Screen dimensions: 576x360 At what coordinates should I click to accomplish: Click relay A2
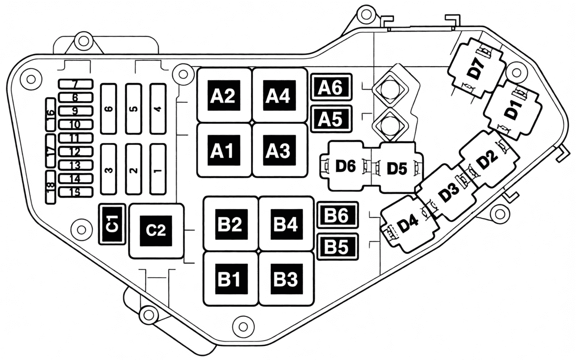pyautogui.click(x=224, y=95)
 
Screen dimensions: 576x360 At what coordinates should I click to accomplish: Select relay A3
pyautogui.click(x=280, y=150)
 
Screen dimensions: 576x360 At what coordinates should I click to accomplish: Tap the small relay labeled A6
pyautogui.click(x=331, y=87)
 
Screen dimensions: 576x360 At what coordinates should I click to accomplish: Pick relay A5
pyautogui.click(x=331, y=119)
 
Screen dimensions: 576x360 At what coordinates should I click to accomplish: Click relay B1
pyautogui.click(x=231, y=279)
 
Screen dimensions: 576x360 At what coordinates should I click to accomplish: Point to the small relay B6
pyautogui.click(x=337, y=215)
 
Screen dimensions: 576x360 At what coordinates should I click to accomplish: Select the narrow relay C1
pyautogui.click(x=112, y=224)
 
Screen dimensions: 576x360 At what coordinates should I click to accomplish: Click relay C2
pyautogui.click(x=156, y=231)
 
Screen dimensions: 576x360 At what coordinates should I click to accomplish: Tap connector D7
pyautogui.click(x=476, y=68)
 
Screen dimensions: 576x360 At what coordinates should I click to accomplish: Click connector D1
pyautogui.click(x=513, y=111)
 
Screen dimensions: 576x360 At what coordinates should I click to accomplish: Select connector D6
pyautogui.click(x=346, y=166)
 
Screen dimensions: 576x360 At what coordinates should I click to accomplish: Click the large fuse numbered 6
pyautogui.click(x=109, y=109)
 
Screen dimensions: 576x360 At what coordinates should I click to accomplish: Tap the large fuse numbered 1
pyautogui.click(x=158, y=169)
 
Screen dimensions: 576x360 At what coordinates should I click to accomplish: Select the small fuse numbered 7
pyautogui.click(x=76, y=84)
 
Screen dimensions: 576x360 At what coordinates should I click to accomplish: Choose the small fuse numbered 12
pyautogui.click(x=76, y=152)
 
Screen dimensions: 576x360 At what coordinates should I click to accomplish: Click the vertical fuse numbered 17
pyautogui.click(x=50, y=150)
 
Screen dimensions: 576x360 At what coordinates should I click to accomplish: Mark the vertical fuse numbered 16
pyautogui.click(x=50, y=114)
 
